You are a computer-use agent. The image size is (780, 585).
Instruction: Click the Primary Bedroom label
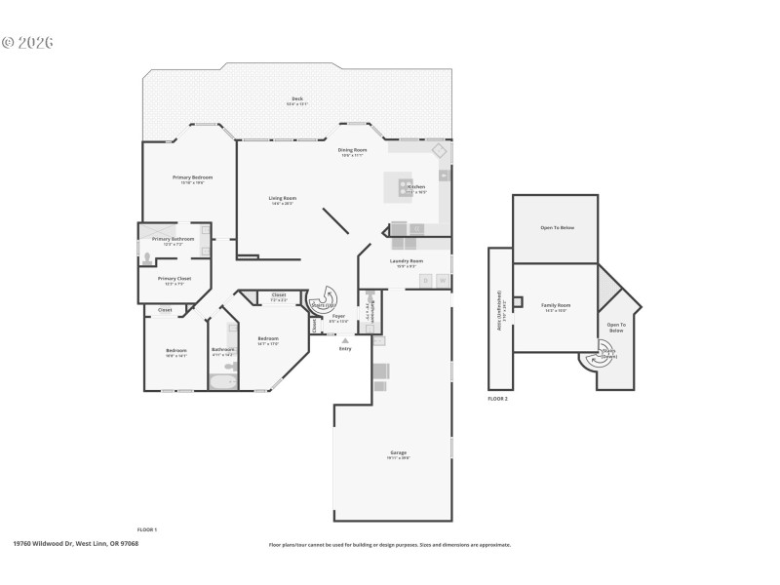192,177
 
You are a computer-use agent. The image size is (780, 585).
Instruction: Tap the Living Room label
283,199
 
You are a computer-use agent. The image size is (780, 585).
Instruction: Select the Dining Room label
351,150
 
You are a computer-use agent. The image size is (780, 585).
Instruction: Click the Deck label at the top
296,99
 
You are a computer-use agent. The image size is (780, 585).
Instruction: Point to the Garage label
398,453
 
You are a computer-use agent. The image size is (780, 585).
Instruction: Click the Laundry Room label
406,261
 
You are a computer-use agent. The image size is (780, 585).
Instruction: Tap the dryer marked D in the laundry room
425,281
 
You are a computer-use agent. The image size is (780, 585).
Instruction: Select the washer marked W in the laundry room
442,281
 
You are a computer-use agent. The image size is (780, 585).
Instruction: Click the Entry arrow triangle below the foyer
344,340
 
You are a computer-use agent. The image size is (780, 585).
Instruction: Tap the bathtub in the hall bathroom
223,381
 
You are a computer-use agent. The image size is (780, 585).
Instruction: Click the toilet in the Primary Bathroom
147,259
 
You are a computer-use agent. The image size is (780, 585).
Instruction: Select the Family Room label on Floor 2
556,306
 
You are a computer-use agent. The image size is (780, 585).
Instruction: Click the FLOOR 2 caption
497,399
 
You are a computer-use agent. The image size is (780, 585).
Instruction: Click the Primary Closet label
175,279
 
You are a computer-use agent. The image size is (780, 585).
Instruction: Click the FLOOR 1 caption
146,528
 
